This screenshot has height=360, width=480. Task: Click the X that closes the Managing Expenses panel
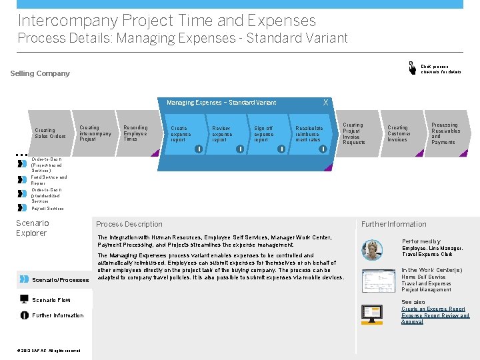[325, 102]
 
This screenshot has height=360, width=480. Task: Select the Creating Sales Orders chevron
[50, 133]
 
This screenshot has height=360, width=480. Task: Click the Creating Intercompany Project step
[95, 133]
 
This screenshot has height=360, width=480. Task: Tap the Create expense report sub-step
[181, 134]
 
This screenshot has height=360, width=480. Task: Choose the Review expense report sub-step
[222, 134]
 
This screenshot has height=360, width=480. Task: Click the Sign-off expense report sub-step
[263, 134]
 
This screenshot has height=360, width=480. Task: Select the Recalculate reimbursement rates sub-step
[309, 134]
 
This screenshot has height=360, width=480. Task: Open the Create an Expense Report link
[433, 309]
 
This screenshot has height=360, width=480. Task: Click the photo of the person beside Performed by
[372, 249]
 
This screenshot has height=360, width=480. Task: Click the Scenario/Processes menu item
[60, 280]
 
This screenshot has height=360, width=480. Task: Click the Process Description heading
[129, 224]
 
